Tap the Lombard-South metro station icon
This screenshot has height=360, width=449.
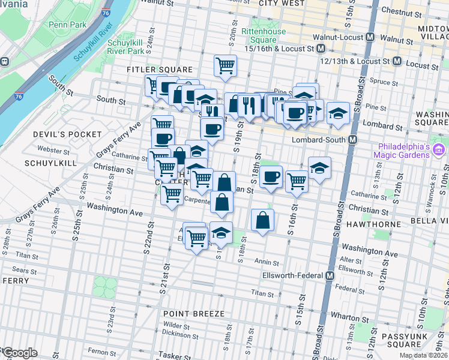[353, 140]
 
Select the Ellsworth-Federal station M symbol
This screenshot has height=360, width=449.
[330, 275]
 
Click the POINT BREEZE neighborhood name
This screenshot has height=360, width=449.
[193, 314]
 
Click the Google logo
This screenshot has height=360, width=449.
[19, 353]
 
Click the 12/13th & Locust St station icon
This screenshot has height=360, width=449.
[397, 61]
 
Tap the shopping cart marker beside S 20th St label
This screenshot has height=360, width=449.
[225, 65]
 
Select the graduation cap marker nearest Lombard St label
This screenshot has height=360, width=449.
[338, 112]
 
